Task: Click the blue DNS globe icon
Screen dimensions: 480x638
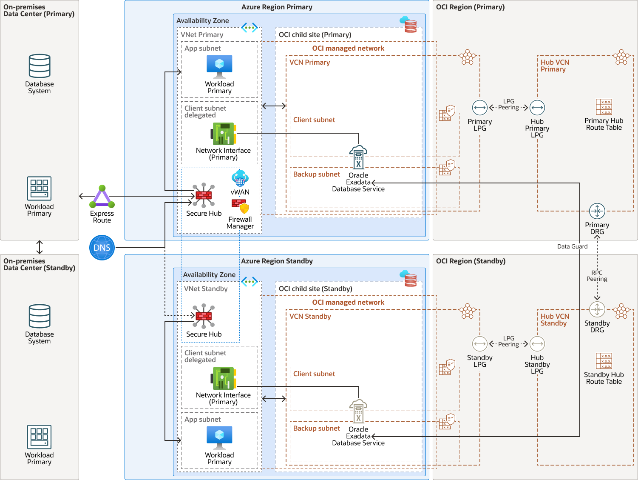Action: pos(102,248)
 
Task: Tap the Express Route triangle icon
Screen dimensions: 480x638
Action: pos(102,197)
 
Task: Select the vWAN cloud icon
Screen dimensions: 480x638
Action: pos(240,178)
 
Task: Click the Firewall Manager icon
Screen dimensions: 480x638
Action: pos(240,206)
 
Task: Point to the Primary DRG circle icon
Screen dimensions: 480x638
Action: pos(597,211)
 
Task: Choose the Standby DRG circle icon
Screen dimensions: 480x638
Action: pos(597,309)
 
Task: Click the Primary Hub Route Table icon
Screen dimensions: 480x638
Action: pos(604,107)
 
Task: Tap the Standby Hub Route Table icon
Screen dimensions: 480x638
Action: pos(604,361)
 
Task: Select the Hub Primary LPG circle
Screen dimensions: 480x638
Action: pos(537,108)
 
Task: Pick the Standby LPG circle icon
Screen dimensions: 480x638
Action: pos(480,344)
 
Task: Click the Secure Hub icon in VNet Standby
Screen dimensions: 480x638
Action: pos(204,316)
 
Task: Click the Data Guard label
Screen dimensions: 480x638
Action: pos(572,246)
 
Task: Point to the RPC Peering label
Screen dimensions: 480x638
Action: pos(597,276)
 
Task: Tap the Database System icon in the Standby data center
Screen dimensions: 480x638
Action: pos(40,316)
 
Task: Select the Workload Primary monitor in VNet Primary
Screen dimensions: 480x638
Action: pos(219,66)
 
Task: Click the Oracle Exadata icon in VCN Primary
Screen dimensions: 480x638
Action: pos(358,157)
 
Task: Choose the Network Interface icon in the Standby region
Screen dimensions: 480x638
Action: pos(224,378)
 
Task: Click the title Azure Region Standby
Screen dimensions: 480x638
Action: pos(277,261)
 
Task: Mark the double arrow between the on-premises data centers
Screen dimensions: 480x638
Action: pos(40,247)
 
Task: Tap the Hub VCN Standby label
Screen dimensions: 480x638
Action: pos(554,320)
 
